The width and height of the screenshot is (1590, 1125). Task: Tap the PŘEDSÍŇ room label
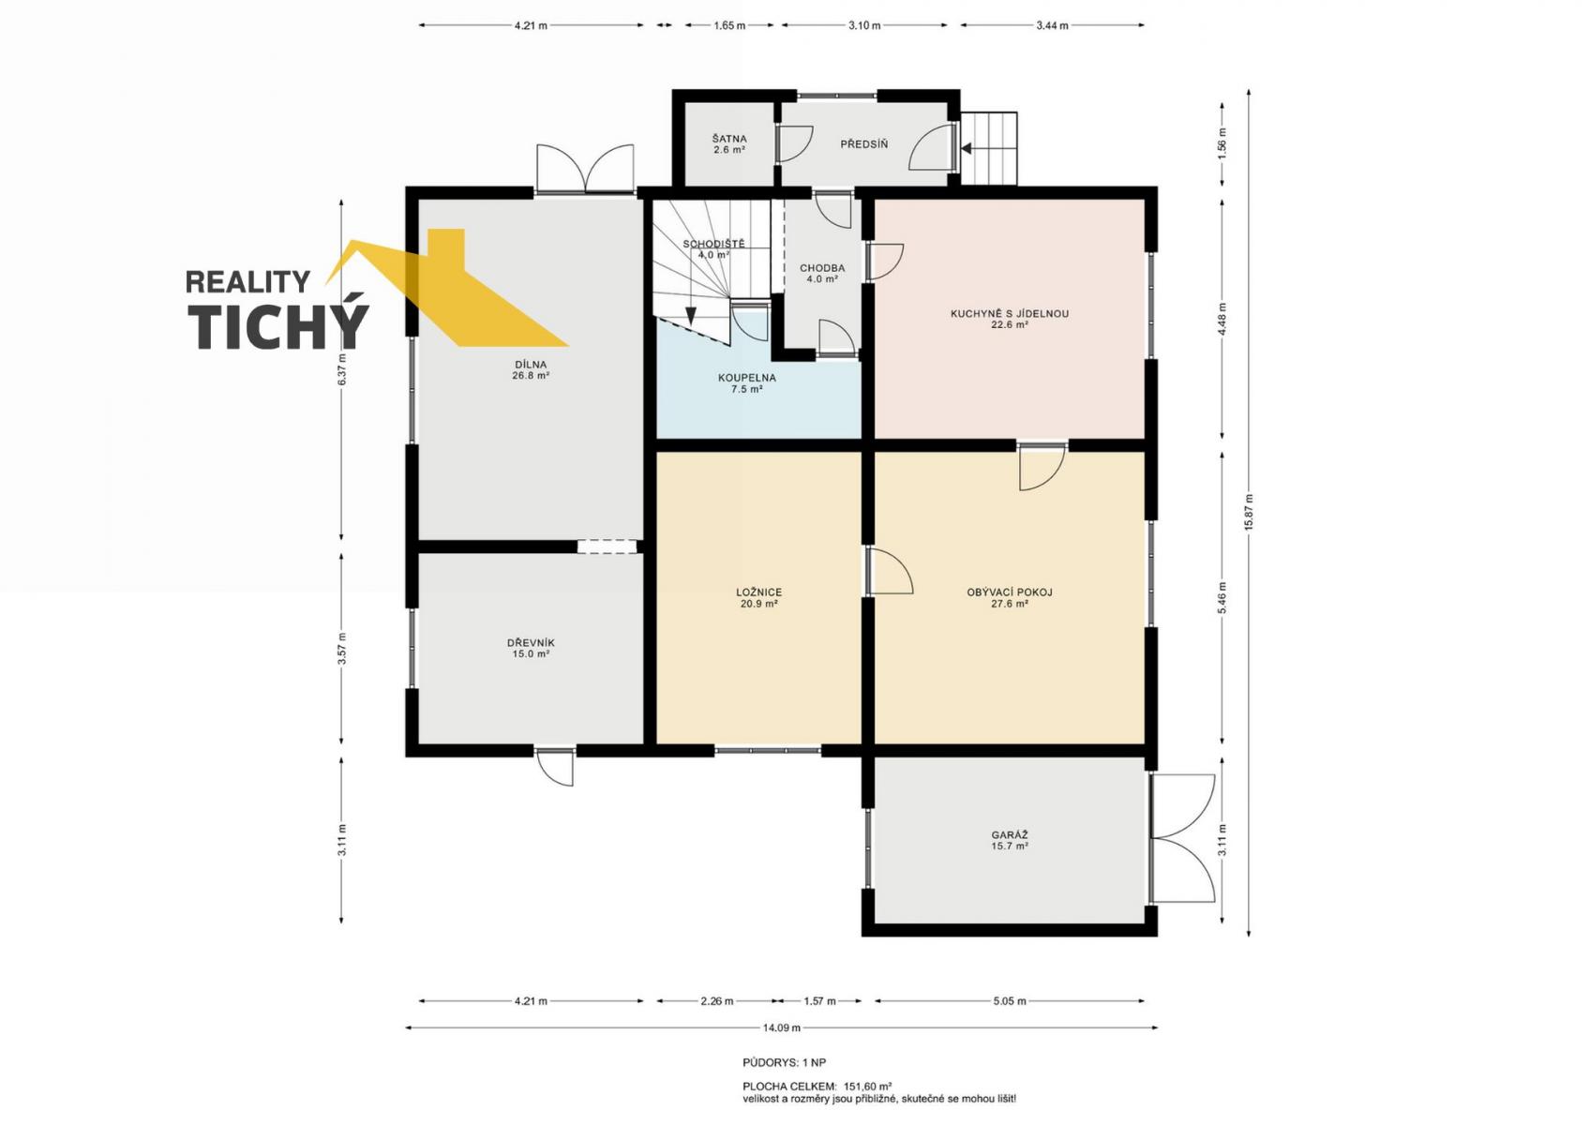click(x=863, y=144)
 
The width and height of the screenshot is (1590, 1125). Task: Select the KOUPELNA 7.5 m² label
click(x=747, y=383)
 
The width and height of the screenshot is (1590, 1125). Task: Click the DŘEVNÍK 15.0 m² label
click(x=531, y=648)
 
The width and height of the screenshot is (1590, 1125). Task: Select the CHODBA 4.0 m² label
click(x=822, y=273)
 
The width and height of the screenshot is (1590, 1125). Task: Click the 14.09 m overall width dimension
click(x=782, y=1027)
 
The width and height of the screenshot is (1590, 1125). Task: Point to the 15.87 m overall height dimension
click(x=1249, y=513)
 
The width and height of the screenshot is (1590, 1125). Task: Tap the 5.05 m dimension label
click(x=1010, y=1001)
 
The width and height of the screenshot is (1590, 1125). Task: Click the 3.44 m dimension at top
click(x=1052, y=25)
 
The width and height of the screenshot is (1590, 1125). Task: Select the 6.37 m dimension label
click(x=342, y=369)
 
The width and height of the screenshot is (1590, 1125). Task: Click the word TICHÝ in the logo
click(x=277, y=326)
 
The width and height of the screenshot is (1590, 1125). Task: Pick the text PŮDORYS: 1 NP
click(x=785, y=1062)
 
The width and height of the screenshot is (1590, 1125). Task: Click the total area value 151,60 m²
click(x=867, y=1086)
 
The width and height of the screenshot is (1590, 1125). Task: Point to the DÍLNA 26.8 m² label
click(x=531, y=369)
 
